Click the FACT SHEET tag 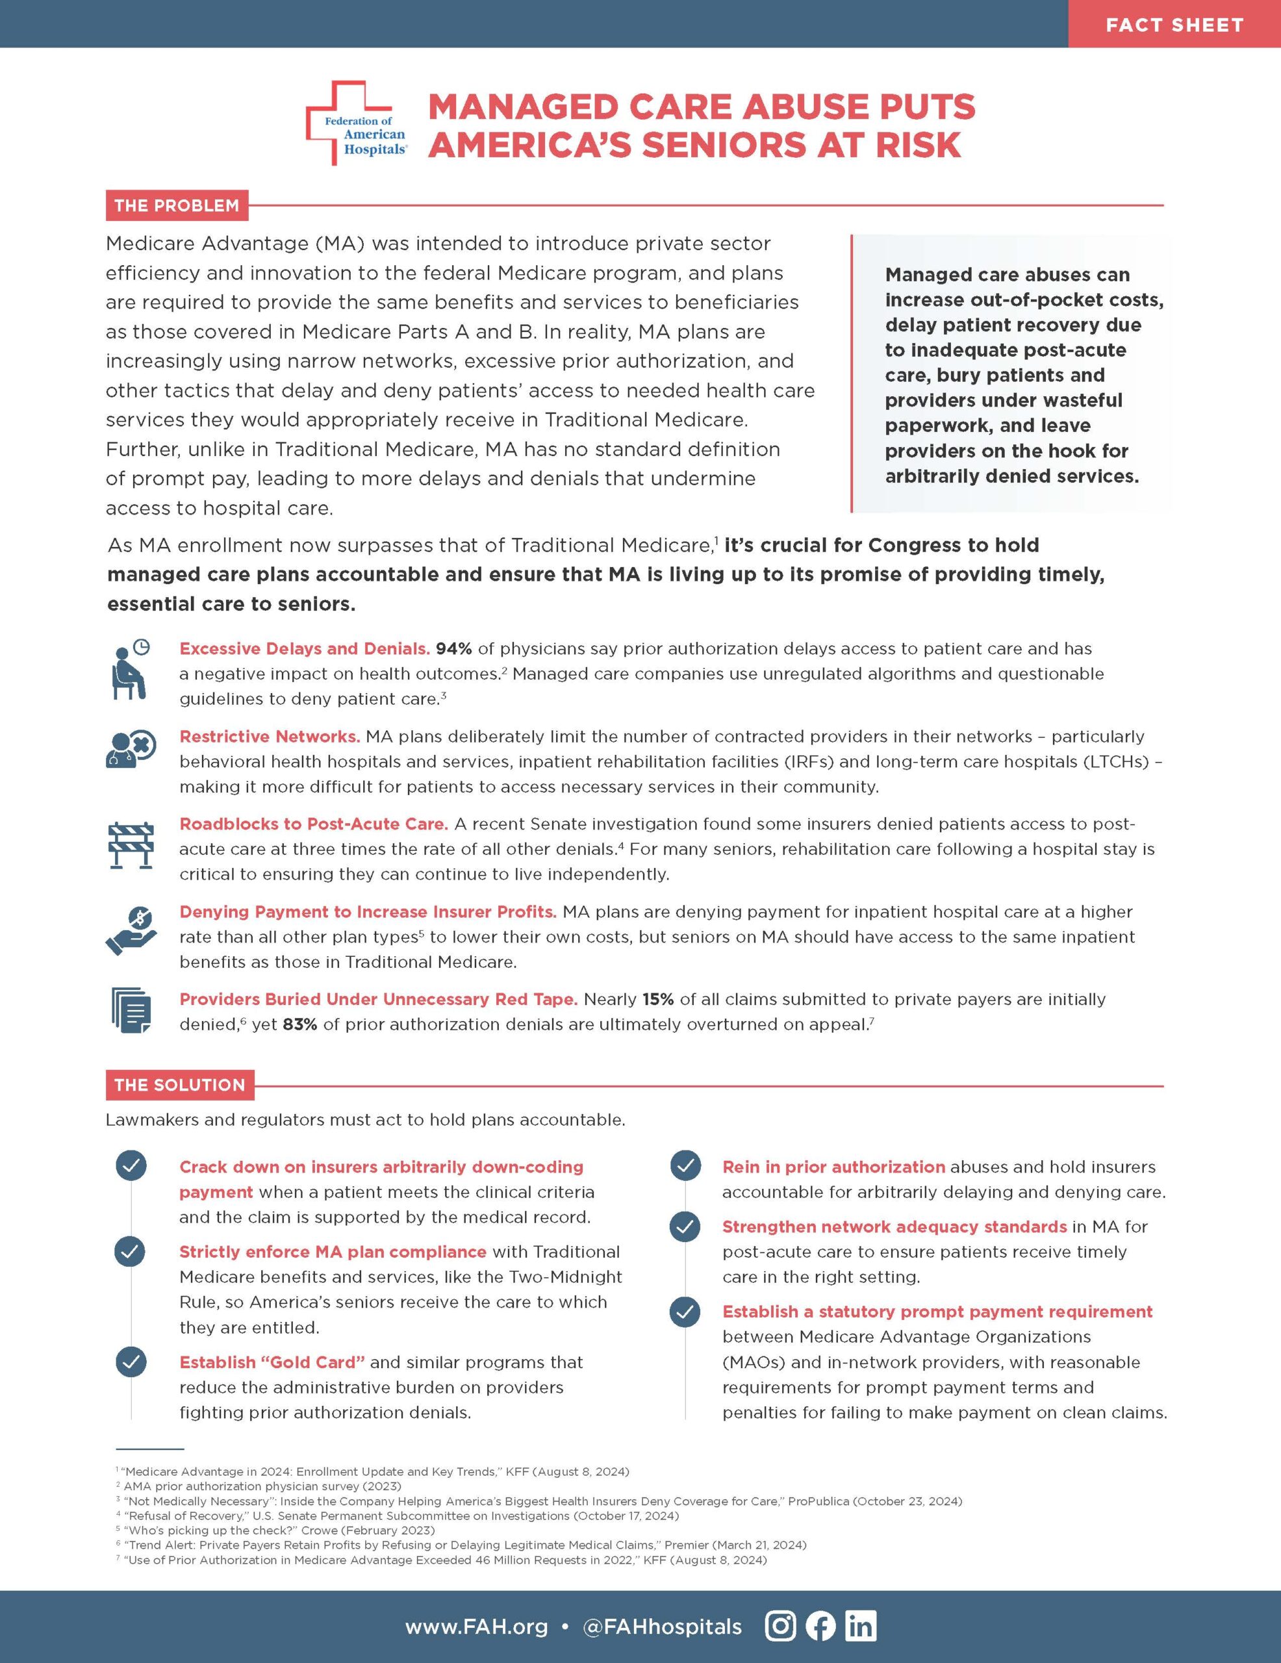(1174, 25)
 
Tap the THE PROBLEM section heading (177, 205)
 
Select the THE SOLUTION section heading (180, 1085)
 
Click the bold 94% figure (454, 649)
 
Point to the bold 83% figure (299, 1024)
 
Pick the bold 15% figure (657, 999)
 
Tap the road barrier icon (130, 845)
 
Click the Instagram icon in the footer (780, 1626)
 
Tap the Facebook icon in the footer (820, 1626)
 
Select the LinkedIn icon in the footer (861, 1626)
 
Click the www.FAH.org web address (476, 1627)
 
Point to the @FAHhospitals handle (662, 1627)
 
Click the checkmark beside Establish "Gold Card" (131, 1362)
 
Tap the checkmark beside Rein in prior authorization (685, 1167)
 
